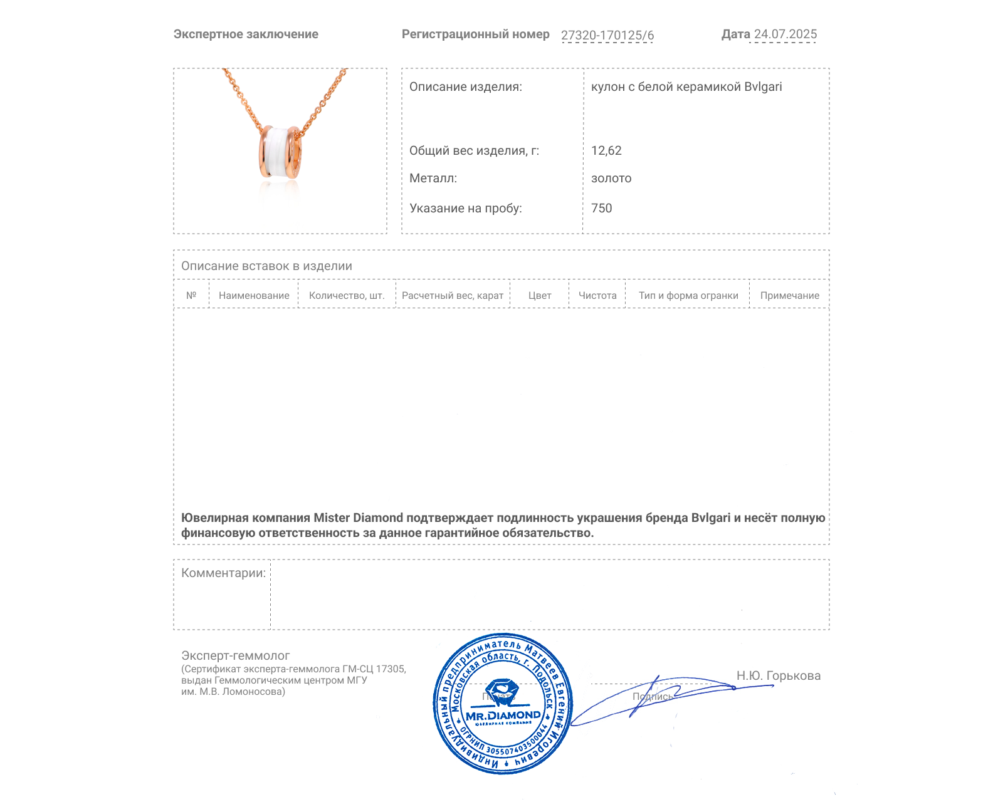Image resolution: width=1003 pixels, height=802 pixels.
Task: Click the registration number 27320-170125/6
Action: click(607, 35)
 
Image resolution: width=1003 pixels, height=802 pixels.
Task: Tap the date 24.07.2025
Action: click(785, 34)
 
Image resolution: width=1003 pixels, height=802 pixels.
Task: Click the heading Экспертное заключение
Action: click(246, 34)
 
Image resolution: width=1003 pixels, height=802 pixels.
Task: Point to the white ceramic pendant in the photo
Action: click(280, 153)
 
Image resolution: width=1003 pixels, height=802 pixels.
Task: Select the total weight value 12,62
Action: click(606, 150)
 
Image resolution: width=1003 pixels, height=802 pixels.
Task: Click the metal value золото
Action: click(611, 178)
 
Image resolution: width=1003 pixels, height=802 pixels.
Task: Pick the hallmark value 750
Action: click(601, 208)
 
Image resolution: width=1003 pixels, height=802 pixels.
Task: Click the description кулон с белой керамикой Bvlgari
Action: click(686, 86)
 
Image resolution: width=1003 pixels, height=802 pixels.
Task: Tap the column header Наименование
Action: click(254, 295)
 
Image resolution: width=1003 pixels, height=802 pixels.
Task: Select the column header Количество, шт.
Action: click(347, 295)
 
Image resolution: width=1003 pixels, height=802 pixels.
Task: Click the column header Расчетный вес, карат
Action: click(453, 295)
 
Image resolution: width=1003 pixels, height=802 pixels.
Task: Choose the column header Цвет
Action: click(540, 295)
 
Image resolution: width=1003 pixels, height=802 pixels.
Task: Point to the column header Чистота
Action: click(597, 295)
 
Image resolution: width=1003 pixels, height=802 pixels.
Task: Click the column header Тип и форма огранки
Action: click(688, 295)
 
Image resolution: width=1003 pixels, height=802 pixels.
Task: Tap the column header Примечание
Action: click(789, 295)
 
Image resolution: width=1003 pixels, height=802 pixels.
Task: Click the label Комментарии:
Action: click(223, 573)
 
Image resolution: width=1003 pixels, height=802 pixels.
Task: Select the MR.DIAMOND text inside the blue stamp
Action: click(503, 715)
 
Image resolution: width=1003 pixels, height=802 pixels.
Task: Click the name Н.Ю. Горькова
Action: click(778, 675)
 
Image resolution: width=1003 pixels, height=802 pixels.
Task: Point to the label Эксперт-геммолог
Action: click(235, 655)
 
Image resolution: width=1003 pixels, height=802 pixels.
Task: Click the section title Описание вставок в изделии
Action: click(266, 266)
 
